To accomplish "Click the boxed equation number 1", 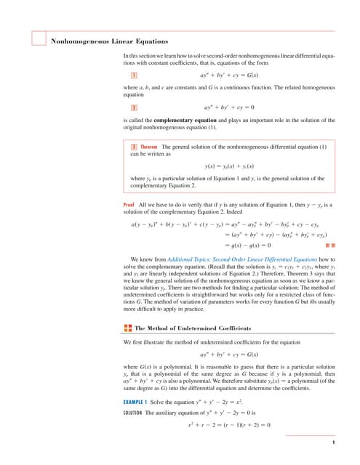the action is [134, 75].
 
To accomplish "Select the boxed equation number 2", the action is [134, 107].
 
